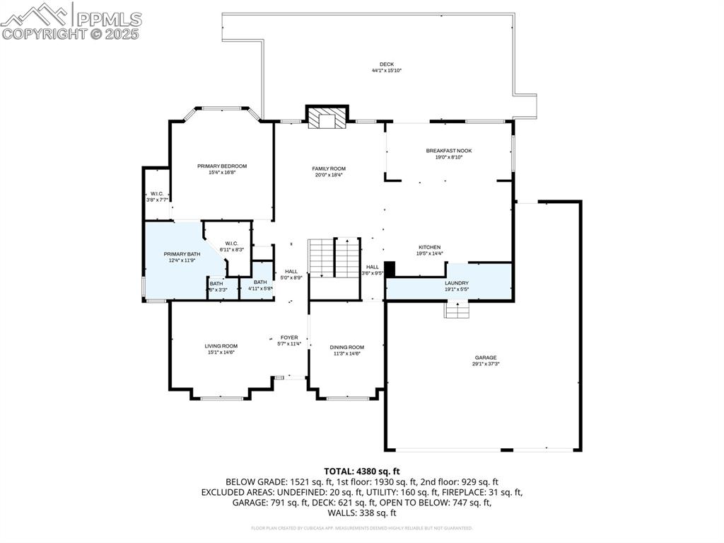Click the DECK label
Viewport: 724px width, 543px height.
[x=387, y=64]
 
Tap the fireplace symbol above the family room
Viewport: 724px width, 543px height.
[x=327, y=118]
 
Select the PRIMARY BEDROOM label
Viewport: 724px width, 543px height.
[x=222, y=166]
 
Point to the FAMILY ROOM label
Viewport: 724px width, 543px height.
[x=329, y=168]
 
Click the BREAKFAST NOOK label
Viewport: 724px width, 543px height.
[x=448, y=151]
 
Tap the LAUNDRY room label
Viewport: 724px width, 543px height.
[x=456, y=283]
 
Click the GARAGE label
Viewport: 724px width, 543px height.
[x=485, y=358]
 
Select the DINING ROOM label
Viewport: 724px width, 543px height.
[x=346, y=347]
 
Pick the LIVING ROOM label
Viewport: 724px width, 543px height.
[x=221, y=346]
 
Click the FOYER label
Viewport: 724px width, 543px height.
[x=289, y=338]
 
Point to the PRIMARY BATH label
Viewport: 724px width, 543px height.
[x=182, y=254]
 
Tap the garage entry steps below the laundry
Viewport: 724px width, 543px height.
[x=457, y=309]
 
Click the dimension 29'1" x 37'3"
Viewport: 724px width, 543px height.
[x=485, y=364]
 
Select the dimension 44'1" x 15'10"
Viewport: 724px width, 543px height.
[x=387, y=71]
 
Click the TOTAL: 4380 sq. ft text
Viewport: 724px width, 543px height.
[x=362, y=471]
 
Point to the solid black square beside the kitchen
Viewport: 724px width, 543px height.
[x=390, y=270]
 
